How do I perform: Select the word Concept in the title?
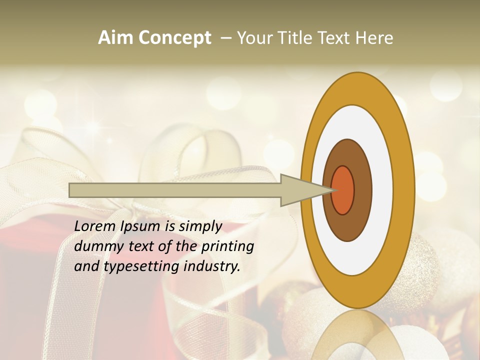pos(174,38)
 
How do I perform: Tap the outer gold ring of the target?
pos(403,190)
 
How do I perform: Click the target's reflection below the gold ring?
pos(358,335)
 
